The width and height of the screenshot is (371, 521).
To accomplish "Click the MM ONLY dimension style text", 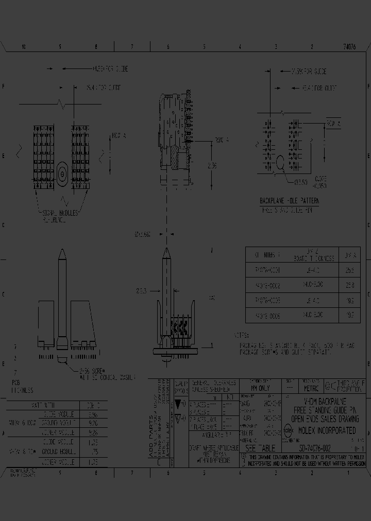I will coord(260,388).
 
